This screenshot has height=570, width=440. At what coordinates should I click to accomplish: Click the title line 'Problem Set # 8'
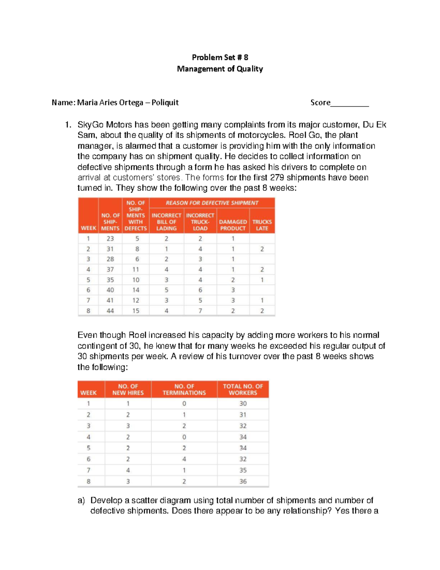(220, 57)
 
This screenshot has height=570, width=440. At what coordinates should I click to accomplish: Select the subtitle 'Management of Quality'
(220, 69)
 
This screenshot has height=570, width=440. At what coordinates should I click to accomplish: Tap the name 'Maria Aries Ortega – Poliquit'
(128, 102)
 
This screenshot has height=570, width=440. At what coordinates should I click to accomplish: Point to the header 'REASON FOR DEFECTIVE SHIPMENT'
(212, 203)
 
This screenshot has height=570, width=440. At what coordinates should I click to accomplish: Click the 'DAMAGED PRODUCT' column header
(233, 225)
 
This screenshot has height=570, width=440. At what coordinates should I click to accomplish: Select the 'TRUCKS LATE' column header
(262, 225)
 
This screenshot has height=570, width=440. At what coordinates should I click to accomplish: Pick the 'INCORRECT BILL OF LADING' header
(166, 222)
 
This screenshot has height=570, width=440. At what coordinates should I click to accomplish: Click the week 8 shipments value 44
(110, 311)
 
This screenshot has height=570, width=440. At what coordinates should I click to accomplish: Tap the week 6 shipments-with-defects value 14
(136, 290)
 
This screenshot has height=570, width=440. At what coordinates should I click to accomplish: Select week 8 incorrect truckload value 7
(200, 311)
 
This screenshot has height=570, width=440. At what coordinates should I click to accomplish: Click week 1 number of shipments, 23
(110, 239)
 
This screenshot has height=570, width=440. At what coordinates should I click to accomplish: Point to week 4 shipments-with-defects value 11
(136, 269)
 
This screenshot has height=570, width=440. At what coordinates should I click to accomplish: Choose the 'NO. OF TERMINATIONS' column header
(184, 389)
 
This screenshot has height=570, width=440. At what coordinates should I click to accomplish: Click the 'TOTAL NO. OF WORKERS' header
(243, 389)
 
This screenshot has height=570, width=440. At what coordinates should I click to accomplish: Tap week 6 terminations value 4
(184, 459)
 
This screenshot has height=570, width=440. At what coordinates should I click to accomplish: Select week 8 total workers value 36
(243, 482)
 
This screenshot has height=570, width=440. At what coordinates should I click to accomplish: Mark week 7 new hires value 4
(128, 470)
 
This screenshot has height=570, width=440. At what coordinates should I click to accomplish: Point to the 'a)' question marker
(81, 501)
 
